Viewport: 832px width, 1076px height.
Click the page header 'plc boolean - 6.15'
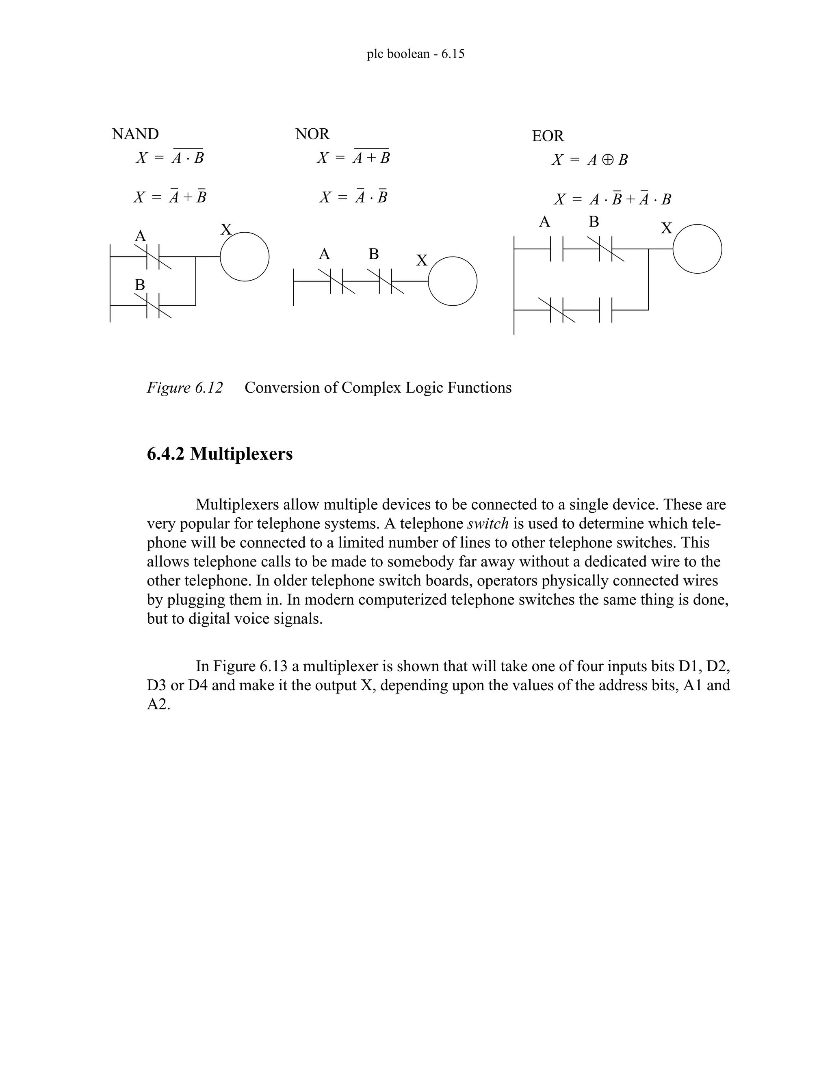(x=416, y=54)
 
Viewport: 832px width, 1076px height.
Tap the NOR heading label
(x=312, y=134)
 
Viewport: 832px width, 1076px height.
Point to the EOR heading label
(x=548, y=136)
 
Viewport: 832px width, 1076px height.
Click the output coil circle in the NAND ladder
(x=245, y=257)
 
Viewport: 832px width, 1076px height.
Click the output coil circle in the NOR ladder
(x=453, y=281)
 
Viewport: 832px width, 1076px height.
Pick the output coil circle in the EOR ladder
(x=697, y=249)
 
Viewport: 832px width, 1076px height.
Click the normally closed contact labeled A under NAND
(x=153, y=257)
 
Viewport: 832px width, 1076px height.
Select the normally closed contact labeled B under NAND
(x=153, y=305)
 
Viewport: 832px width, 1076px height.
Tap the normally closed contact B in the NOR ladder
(x=386, y=281)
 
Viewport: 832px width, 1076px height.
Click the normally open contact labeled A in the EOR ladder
(x=557, y=249)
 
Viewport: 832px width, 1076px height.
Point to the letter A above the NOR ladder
(x=324, y=254)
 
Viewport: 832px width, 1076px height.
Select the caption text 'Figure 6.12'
(x=185, y=388)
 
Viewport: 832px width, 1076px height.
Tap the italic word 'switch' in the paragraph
(x=487, y=523)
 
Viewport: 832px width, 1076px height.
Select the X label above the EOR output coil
(x=666, y=228)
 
